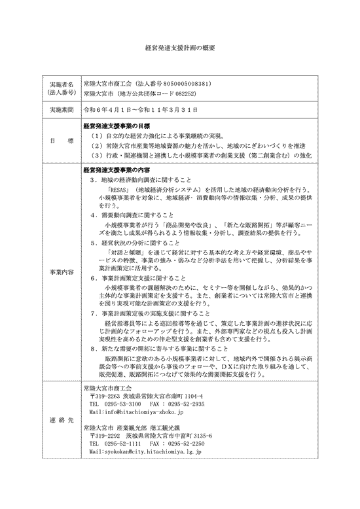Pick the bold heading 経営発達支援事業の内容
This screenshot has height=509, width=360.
coord(116,169)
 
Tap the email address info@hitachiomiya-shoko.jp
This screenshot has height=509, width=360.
coord(128,413)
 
